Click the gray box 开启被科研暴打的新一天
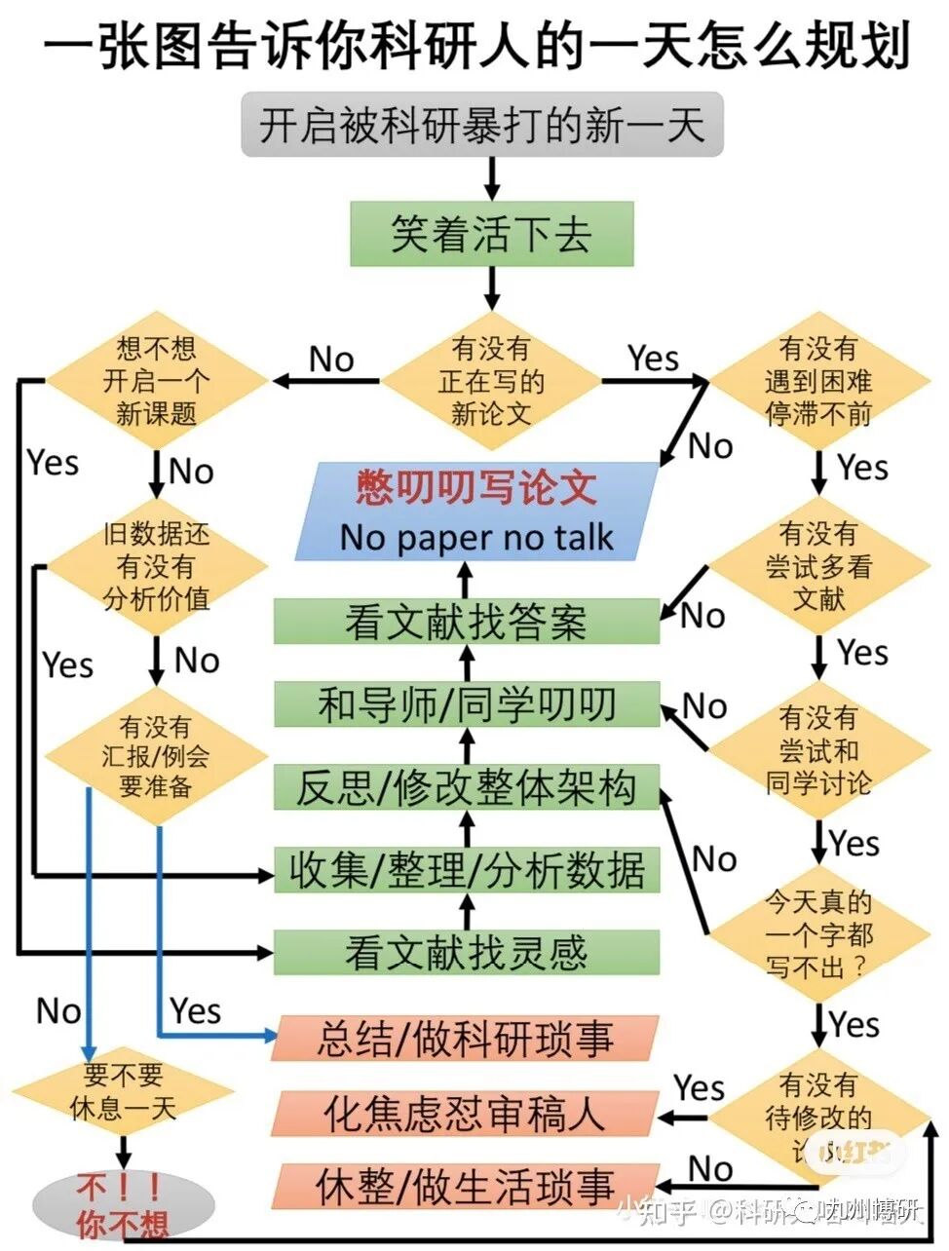pos(482,125)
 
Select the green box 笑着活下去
pos(491,234)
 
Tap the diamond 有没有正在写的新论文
pos(491,380)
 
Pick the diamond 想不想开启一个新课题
pos(157,380)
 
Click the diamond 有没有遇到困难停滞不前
pos(818,380)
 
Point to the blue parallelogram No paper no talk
pos(476,512)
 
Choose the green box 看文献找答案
pos(466,622)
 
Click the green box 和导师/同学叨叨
pos(466,704)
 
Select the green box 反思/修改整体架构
pos(466,787)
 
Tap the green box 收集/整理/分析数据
pos(466,870)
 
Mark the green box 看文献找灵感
pos(466,953)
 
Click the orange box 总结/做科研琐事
pos(466,1039)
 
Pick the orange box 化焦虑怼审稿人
pos(466,1113)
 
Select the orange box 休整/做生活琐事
pos(466,1186)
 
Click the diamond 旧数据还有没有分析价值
pos(157,566)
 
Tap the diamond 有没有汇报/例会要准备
pos(157,756)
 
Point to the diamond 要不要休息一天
pos(123,1091)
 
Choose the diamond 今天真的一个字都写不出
pos(818,934)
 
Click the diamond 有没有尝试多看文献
pos(818,566)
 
